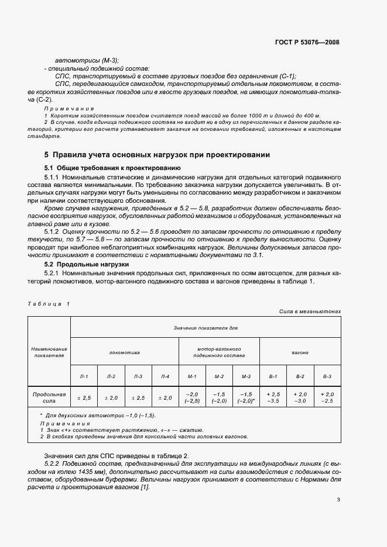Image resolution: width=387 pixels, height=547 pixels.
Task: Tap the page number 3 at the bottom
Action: (338, 500)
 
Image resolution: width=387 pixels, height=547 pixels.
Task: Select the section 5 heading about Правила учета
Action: (157, 155)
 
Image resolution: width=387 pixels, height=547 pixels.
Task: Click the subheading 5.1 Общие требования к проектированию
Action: (102, 168)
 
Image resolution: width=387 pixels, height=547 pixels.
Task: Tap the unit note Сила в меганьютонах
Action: (310, 311)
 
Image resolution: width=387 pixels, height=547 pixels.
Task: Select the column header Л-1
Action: (84, 377)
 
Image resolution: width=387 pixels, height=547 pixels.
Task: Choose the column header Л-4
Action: (165, 377)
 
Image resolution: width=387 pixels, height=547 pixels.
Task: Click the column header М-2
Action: (219, 377)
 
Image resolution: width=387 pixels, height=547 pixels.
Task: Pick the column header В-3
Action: (327, 377)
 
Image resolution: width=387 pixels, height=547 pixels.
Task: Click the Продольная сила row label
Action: (49, 397)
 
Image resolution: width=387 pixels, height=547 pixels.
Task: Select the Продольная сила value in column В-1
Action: (273, 397)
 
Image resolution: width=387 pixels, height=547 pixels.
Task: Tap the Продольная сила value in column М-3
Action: (246, 397)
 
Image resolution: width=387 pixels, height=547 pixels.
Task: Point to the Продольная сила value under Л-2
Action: (111, 397)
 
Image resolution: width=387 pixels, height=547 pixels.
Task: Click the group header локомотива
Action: (124, 352)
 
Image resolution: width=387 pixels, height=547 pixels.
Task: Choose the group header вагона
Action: (300, 352)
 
